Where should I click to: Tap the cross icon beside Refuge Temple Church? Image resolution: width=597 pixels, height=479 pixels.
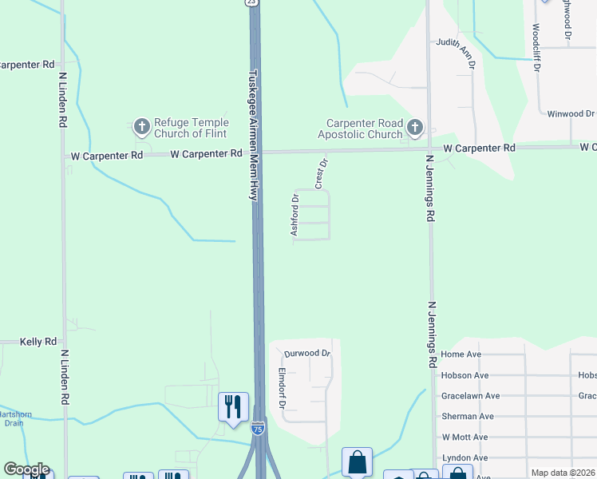point(142,126)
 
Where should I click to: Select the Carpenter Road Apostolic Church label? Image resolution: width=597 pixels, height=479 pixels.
point(364,129)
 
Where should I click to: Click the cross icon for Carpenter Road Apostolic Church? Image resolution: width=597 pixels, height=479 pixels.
point(414,127)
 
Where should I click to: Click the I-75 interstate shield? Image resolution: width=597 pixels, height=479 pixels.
point(257,430)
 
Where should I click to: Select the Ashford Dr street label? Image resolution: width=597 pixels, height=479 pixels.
point(295,214)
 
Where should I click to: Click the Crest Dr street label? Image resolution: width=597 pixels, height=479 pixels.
point(321,174)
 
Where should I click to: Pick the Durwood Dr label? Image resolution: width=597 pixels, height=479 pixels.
point(307,353)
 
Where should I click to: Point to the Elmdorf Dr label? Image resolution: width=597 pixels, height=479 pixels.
point(282,388)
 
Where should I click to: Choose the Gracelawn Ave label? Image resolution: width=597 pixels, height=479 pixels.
point(470,396)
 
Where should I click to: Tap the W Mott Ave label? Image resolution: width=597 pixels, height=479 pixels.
point(465,437)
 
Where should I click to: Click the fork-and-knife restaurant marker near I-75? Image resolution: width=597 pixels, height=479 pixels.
point(233,406)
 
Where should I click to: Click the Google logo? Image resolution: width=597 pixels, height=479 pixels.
point(26,469)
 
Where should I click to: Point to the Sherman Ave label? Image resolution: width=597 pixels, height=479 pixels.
point(468,417)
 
